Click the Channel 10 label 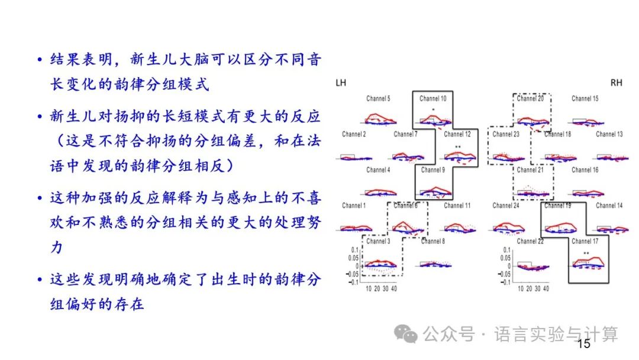pyautogui.click(x=433, y=98)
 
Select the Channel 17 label pyautogui.click(x=585, y=241)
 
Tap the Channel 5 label pyautogui.click(x=378, y=98)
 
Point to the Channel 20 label pyautogui.click(x=530, y=98)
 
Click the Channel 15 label pyautogui.click(x=585, y=98)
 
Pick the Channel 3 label pyautogui.click(x=378, y=241)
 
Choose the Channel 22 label pyautogui.click(x=530, y=241)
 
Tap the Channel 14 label pyautogui.click(x=609, y=205)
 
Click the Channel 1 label pyautogui.click(x=354, y=205)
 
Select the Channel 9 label pyautogui.click(x=433, y=170)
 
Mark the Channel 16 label pyautogui.click(x=585, y=170)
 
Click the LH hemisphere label pyautogui.click(x=341, y=83)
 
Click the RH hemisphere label pyautogui.click(x=617, y=83)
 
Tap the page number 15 pyautogui.click(x=583, y=344)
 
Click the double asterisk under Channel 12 pyautogui.click(x=457, y=146)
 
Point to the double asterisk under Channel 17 pyautogui.click(x=586, y=253)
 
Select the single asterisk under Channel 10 pyautogui.click(x=433, y=110)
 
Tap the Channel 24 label pyautogui.click(x=506, y=205)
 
